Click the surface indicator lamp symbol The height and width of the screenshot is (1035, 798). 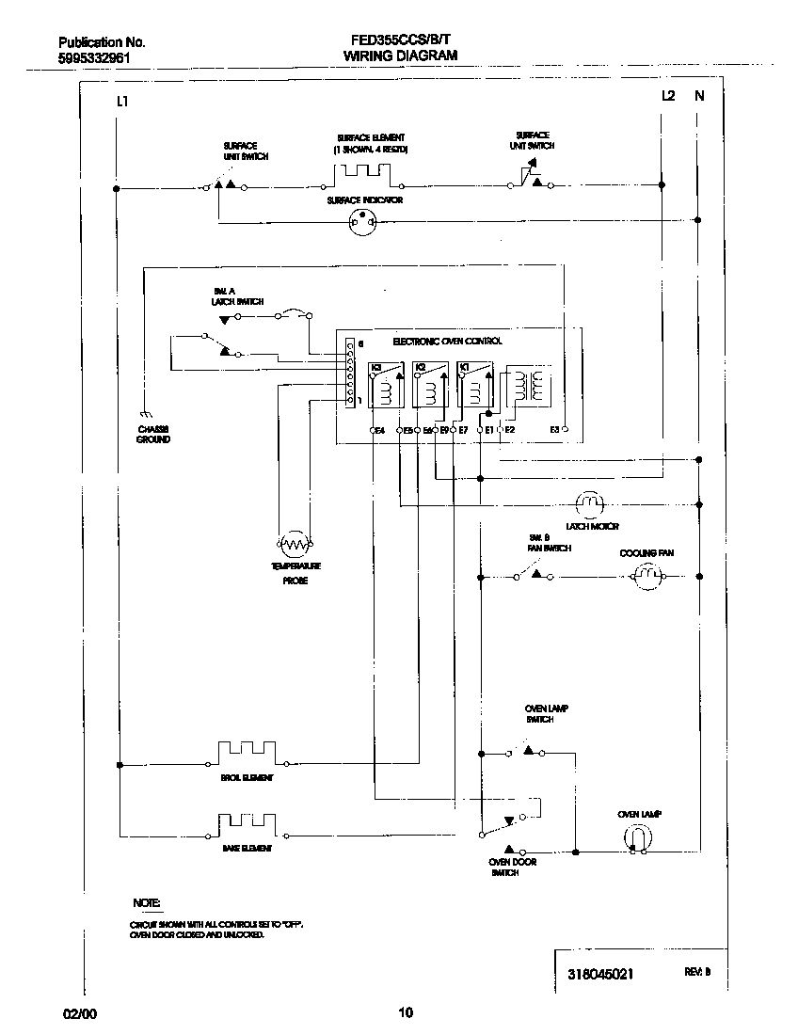click(363, 222)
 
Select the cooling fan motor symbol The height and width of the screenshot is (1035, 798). click(646, 575)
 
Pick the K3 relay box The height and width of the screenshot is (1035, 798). click(386, 383)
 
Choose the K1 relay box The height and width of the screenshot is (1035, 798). click(476, 383)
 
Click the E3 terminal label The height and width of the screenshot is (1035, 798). click(555, 429)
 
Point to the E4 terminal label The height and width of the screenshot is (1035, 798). click(380, 430)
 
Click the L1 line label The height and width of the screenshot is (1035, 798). click(121, 101)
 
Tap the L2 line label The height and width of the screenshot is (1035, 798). click(667, 95)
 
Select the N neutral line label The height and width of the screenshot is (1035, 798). click(698, 95)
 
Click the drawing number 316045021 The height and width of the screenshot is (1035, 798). click(601, 974)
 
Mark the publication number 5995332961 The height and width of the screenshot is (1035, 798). click(94, 57)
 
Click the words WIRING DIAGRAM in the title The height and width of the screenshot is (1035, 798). click(400, 56)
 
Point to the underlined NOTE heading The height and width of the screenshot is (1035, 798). click(146, 902)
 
